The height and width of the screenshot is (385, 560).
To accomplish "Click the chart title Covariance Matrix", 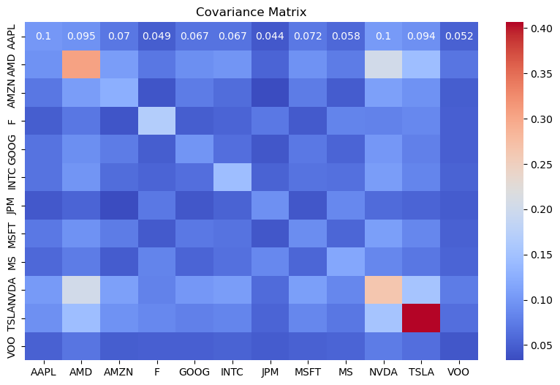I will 251,12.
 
